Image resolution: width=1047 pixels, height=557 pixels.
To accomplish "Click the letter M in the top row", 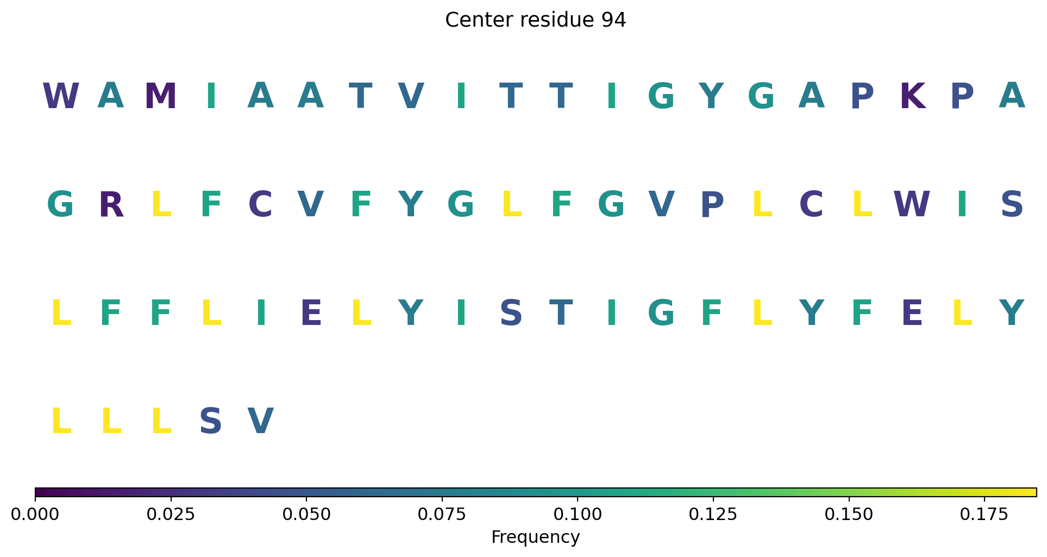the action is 161,97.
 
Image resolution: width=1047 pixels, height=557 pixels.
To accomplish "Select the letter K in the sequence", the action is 912,97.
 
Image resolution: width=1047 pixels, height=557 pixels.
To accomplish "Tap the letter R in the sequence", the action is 111,205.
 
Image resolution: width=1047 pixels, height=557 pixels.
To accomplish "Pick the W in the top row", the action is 61,97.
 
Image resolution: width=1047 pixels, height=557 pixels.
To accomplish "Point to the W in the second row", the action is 912,205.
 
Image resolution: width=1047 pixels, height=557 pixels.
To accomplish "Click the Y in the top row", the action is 711,97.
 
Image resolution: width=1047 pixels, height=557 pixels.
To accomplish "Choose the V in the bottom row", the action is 261,422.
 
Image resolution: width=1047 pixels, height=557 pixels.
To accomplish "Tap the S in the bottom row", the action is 211,422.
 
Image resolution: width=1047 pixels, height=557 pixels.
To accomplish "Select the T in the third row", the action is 561,314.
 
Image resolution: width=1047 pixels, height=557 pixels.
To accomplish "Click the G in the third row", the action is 661,314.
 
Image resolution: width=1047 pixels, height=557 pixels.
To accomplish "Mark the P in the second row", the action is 712,205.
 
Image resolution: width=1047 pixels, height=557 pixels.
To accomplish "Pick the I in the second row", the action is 962,205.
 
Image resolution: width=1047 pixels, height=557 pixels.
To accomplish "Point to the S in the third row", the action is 511,314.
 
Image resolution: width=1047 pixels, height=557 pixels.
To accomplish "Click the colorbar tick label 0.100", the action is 578,515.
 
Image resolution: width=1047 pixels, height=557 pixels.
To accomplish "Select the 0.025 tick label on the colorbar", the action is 171,515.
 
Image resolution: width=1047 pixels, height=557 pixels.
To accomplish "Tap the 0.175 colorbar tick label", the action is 984,515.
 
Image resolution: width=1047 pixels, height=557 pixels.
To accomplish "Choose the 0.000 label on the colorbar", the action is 35,515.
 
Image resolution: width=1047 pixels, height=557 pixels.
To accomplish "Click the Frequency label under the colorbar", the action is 536,537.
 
